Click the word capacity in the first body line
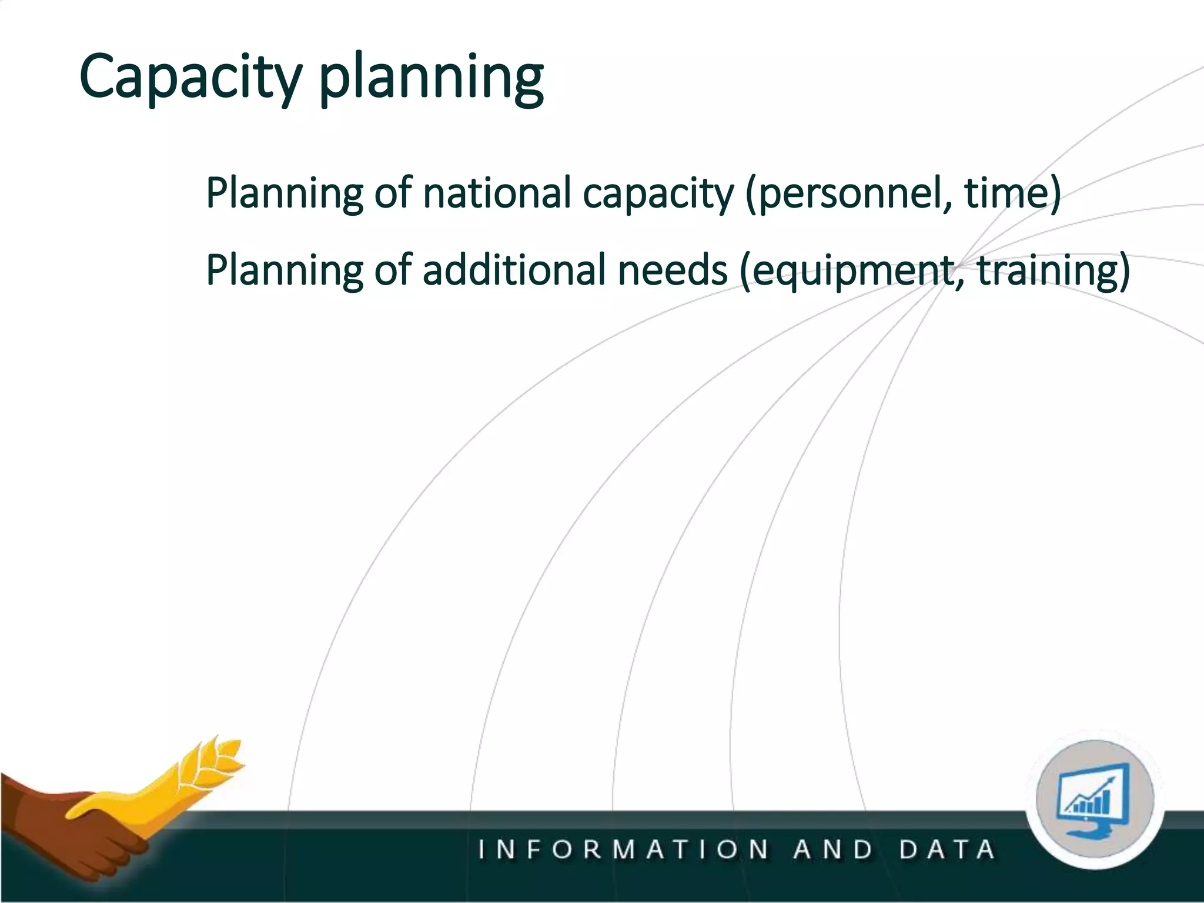coord(658,194)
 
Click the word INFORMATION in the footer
coord(623,850)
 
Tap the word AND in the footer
coord(833,850)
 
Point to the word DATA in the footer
coord(947,850)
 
